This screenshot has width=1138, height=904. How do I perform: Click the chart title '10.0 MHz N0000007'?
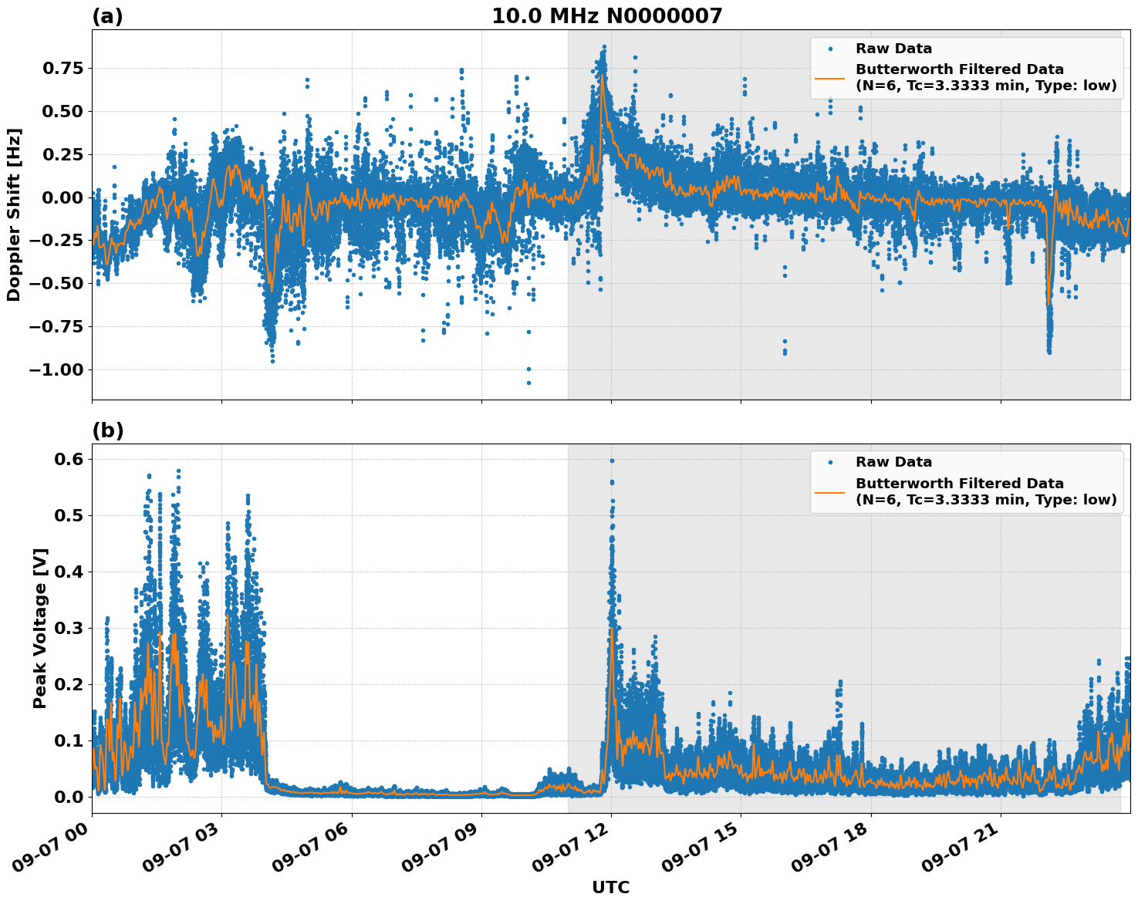pyautogui.click(x=607, y=16)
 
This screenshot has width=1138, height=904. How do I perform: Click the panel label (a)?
pyautogui.click(x=107, y=16)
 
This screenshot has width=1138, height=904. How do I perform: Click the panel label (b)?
pyautogui.click(x=107, y=430)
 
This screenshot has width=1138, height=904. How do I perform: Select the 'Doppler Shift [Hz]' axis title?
pyautogui.click(x=14, y=214)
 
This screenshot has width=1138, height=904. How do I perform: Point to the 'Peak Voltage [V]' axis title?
pyautogui.click(x=40, y=628)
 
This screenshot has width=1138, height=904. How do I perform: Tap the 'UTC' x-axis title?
pyautogui.click(x=610, y=887)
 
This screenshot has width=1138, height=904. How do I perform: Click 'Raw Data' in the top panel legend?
pyautogui.click(x=893, y=49)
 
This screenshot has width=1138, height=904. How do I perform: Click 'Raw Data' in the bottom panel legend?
pyautogui.click(x=893, y=462)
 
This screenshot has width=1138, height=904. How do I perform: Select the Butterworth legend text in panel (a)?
pyautogui.click(x=985, y=77)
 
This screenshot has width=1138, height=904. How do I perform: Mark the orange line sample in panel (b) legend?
pyautogui.click(x=830, y=491)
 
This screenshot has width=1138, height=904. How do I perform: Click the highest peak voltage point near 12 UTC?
pyautogui.click(x=612, y=460)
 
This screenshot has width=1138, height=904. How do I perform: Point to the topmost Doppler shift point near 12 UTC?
pyautogui.click(x=604, y=47)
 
